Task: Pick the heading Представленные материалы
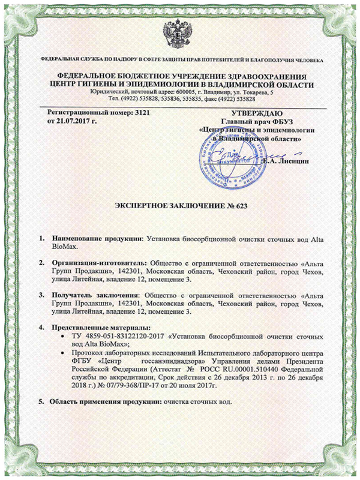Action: (95, 328)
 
